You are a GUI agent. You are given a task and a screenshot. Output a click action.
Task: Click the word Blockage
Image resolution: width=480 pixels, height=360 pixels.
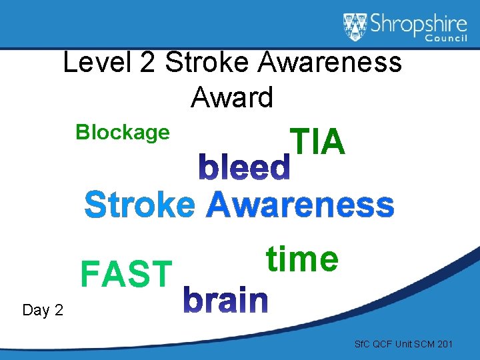click(x=123, y=133)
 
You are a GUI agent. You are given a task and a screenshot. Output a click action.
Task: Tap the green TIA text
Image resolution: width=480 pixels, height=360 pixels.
click(x=317, y=142)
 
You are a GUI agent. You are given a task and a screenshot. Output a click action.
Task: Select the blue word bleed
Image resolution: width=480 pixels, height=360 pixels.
click(x=245, y=169)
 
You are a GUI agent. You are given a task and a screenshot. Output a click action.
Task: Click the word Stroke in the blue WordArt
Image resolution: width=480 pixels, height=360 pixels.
click(x=140, y=205)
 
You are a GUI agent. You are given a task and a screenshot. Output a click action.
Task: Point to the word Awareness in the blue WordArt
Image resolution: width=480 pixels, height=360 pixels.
click(x=300, y=205)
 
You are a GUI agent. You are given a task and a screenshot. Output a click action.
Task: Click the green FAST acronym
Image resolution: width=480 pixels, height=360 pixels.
click(x=126, y=274)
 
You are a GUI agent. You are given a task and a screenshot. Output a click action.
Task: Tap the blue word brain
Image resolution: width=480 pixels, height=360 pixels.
click(x=226, y=301)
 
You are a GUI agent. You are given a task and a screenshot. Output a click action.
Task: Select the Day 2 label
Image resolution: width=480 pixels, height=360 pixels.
click(x=43, y=310)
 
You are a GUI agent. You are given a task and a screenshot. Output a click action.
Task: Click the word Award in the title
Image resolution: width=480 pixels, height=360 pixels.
click(x=232, y=98)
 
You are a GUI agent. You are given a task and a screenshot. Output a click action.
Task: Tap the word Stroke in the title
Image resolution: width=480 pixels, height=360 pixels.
click(x=206, y=63)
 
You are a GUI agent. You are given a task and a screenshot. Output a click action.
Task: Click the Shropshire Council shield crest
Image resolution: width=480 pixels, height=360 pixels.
click(x=356, y=27)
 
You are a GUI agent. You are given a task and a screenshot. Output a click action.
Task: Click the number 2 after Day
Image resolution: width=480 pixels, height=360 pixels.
click(x=58, y=310)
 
